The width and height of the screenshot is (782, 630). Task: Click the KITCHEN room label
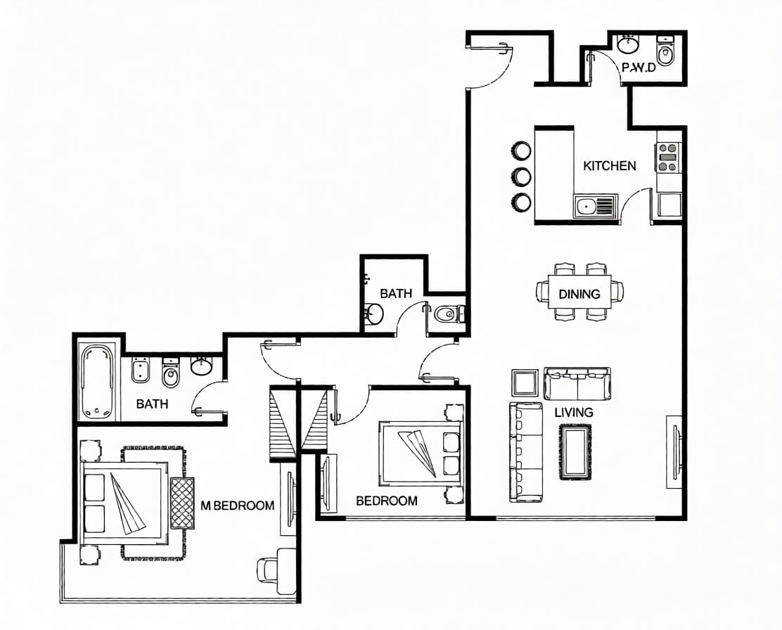pyautogui.click(x=610, y=166)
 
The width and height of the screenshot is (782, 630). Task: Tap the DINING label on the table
pyautogui.click(x=579, y=294)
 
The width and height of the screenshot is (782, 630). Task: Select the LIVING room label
pyautogui.click(x=574, y=412)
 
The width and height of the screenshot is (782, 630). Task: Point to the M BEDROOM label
pyautogui.click(x=238, y=506)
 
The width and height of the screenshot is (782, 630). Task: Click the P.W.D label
pyautogui.click(x=639, y=67)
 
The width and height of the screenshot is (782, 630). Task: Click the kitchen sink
pyautogui.click(x=595, y=206)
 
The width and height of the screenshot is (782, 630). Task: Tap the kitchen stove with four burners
pyautogui.click(x=668, y=157)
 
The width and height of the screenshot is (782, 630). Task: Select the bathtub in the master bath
pyautogui.click(x=98, y=382)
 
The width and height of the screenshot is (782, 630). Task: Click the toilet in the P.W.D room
pyautogui.click(x=665, y=51)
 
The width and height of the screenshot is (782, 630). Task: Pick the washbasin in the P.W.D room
pyautogui.click(x=629, y=44)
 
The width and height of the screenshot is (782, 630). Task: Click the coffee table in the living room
pyautogui.click(x=575, y=452)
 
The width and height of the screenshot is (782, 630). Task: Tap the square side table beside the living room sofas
pyautogui.click(x=525, y=383)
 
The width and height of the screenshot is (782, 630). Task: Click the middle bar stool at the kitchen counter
pyautogui.click(x=521, y=176)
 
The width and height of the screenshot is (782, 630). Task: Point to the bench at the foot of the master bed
pyautogui.click(x=183, y=503)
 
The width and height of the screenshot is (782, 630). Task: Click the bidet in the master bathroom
pyautogui.click(x=141, y=370)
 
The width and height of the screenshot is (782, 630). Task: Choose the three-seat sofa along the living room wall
pyautogui.click(x=525, y=452)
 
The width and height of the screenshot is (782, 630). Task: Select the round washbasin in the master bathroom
pyautogui.click(x=202, y=366)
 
